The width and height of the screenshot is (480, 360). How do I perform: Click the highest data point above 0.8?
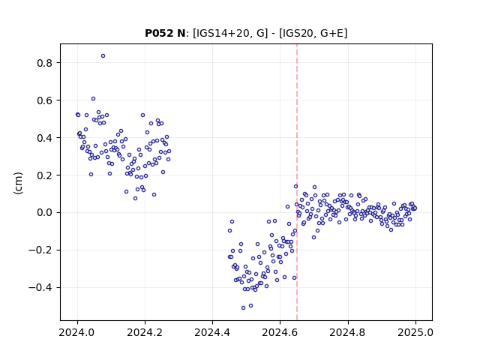(x=103, y=56)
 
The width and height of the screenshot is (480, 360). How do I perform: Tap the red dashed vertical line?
(x=297, y=182)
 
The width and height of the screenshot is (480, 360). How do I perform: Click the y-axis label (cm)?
(x=18, y=183)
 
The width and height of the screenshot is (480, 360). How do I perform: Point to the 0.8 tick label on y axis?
(x=45, y=63)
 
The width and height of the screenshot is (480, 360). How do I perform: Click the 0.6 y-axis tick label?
(x=45, y=100)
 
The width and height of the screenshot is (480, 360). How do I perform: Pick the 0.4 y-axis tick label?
(x=45, y=138)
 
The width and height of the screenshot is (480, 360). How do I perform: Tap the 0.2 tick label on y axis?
(x=45, y=175)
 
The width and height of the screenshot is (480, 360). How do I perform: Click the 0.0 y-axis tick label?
(x=45, y=213)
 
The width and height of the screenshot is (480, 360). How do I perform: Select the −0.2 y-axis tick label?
(x=41, y=250)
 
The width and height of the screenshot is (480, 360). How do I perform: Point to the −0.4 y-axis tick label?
(x=41, y=288)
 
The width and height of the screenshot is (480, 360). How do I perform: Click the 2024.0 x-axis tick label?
(x=77, y=332)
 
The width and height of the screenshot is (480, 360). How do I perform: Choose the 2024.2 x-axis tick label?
(x=145, y=332)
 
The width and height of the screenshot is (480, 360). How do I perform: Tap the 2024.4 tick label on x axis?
(x=212, y=332)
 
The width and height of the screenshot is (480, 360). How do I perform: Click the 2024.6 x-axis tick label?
(x=280, y=332)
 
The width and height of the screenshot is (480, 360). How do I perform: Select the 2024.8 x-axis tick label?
(x=348, y=332)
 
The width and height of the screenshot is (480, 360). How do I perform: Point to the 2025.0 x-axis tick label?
(x=415, y=332)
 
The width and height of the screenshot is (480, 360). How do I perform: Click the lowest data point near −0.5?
(x=243, y=308)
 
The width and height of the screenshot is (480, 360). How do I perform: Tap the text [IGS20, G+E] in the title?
(x=313, y=33)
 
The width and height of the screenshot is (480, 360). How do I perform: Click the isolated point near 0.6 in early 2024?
(x=93, y=98)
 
